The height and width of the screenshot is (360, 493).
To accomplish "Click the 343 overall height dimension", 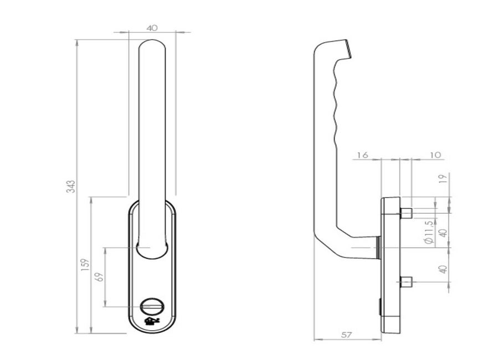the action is coord(73,187).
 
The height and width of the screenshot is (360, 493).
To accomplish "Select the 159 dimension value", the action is coord(85,265).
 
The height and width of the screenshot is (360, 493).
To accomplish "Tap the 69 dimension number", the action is coord(99,277).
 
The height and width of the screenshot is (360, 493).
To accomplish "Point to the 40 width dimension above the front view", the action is coord(152,28).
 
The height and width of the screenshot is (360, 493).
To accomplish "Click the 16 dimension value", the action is coord(362,155).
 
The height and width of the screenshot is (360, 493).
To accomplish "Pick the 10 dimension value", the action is coord(435,155).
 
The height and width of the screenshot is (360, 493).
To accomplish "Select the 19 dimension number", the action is coord(443,179).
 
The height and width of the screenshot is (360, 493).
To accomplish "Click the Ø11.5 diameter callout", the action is coord(429,232).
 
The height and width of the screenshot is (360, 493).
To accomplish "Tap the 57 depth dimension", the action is coord(346,335).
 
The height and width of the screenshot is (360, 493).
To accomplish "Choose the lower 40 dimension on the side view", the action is coord(443,269).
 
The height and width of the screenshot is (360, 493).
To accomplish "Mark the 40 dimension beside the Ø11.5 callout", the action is coord(443,233).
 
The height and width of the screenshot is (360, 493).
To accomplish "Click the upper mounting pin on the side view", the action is coord(406,213).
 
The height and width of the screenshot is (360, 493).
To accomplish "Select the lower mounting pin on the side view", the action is coord(406,282).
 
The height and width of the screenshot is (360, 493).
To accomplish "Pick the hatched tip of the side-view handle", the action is coord(348,48).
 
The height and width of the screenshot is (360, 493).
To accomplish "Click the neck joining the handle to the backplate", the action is coord(378,248).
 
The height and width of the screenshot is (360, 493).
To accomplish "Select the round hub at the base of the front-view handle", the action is coord(151,251).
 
